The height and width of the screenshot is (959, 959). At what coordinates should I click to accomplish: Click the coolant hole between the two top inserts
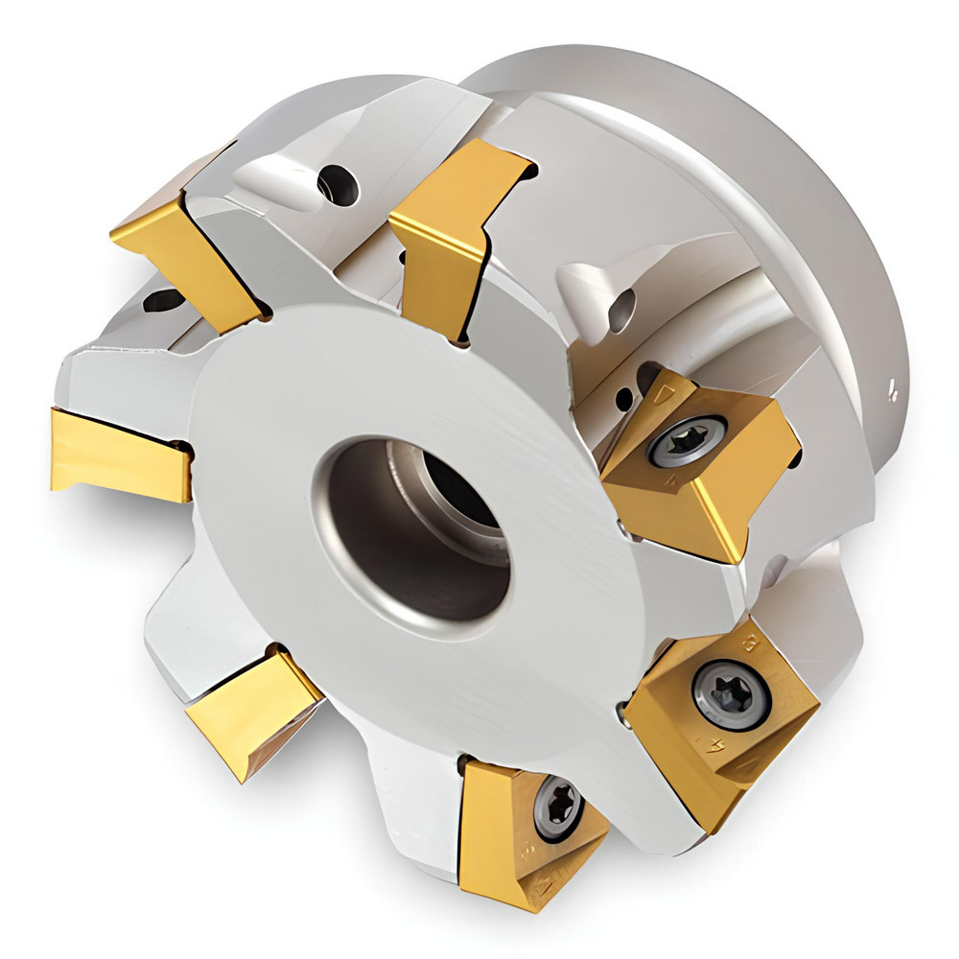pos(338,183)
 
